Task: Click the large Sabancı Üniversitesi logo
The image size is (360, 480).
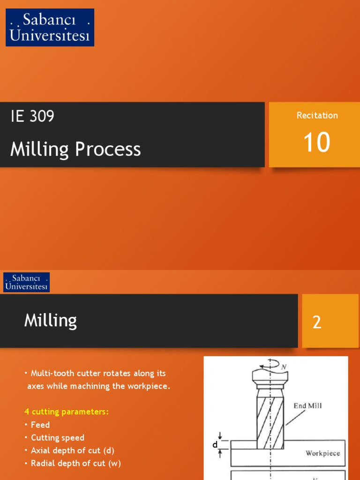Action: tap(50, 27)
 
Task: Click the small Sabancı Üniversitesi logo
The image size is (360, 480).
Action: tap(27, 282)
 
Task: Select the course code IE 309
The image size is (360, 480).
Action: tap(32, 116)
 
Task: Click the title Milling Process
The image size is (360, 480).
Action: tap(75, 149)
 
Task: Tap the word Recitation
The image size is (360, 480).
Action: tap(317, 115)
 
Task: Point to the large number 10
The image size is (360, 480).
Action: tap(317, 142)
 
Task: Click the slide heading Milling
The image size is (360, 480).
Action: tap(51, 321)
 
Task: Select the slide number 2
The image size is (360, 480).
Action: tap(317, 322)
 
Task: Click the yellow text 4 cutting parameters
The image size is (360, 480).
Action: tap(67, 412)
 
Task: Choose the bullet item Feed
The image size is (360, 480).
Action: tap(40, 425)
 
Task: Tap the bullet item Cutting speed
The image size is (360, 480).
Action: tap(57, 438)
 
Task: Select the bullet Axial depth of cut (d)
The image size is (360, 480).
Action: tap(72, 450)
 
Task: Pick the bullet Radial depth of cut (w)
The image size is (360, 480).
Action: tap(75, 464)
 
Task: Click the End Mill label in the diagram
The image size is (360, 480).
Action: tap(307, 405)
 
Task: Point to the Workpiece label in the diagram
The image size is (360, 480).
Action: tap(322, 453)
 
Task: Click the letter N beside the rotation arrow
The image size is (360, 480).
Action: tap(284, 367)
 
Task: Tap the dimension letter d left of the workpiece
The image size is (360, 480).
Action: tap(215, 444)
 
